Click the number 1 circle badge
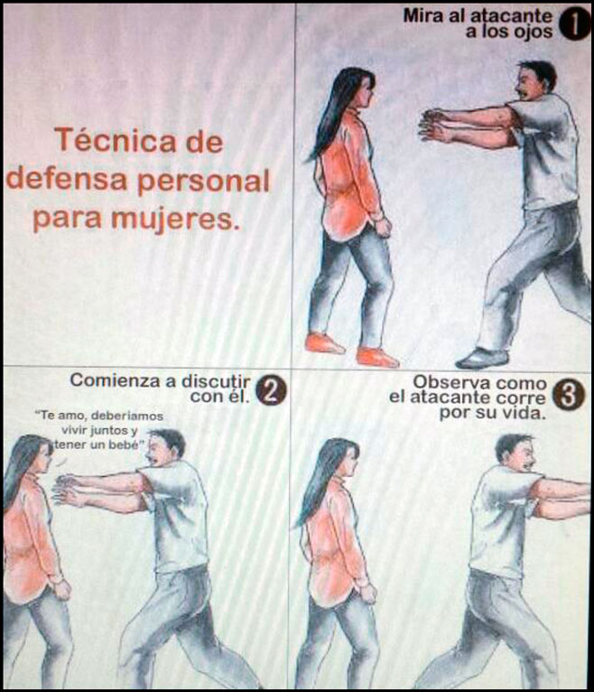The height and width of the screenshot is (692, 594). tap(575, 24)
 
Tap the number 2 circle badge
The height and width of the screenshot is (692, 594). tap(271, 389)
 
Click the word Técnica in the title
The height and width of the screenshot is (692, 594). tap(139, 141)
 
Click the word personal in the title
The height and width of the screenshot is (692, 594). tap(204, 181)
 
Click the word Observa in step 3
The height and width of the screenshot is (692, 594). tap(443, 382)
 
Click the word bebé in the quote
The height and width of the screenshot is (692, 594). tap(125, 444)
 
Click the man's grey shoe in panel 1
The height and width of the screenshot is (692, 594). tap(481, 358)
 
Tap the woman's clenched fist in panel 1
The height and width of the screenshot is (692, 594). tap(383, 226)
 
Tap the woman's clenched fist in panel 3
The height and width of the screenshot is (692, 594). tap(367, 592)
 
